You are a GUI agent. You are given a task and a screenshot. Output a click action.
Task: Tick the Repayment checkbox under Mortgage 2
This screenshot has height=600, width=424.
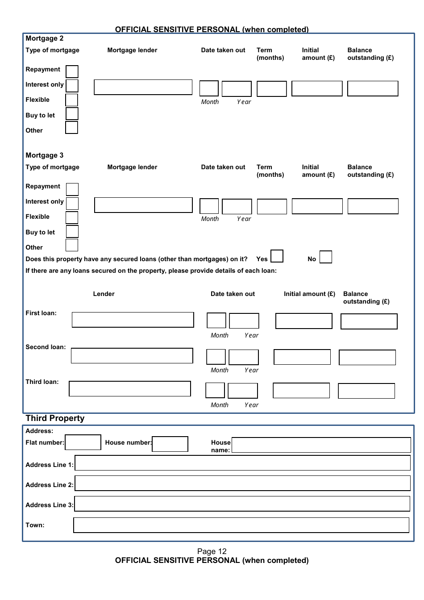click(72, 71)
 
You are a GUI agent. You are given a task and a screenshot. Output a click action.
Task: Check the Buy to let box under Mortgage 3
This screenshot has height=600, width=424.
click(72, 231)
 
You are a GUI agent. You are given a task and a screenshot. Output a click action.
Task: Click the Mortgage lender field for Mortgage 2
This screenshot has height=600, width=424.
click(143, 87)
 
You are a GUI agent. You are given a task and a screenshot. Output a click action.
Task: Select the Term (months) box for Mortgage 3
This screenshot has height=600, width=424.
click(272, 206)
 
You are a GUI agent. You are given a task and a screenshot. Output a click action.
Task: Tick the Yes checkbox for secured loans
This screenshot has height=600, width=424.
click(277, 256)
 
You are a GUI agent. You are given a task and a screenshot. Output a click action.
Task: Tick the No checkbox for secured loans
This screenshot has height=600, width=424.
click(326, 257)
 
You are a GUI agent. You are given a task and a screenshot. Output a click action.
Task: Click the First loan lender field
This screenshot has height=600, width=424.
click(133, 320)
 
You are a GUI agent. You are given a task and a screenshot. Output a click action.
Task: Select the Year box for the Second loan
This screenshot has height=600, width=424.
click(243, 357)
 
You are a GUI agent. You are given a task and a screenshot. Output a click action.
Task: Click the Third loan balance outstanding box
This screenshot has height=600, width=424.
click(366, 391)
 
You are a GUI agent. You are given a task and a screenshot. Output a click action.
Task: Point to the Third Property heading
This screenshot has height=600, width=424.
click(55, 418)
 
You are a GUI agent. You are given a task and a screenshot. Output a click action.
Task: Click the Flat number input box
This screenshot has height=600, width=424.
click(83, 442)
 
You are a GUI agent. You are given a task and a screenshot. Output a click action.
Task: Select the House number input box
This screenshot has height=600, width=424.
click(170, 444)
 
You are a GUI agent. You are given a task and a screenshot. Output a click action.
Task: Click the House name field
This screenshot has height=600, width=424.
click(321, 445)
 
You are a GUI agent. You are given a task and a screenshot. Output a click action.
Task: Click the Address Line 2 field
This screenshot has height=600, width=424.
click(242, 483)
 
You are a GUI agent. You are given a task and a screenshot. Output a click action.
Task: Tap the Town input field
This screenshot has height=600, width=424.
click(241, 525)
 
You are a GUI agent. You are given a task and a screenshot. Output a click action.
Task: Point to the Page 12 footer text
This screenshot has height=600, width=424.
click(212, 551)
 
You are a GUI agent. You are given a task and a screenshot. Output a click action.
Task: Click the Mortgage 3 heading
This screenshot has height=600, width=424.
click(45, 155)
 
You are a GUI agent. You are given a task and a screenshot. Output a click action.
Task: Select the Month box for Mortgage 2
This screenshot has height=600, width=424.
click(209, 88)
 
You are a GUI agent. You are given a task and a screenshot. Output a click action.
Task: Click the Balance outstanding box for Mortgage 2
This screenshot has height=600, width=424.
click(372, 88)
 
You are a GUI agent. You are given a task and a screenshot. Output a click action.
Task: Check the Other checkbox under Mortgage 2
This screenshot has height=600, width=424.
click(71, 128)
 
